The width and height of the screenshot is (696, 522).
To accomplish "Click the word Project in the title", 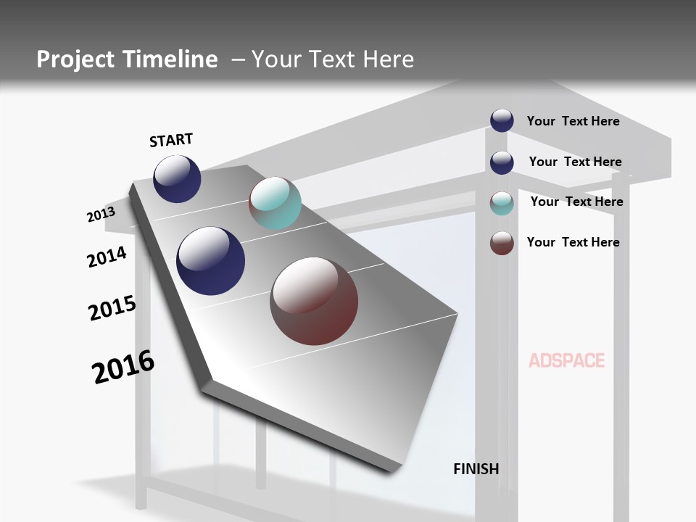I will (x=75, y=59).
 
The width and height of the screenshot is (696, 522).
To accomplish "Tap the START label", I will (x=171, y=140).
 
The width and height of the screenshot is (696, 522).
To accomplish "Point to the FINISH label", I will (x=476, y=469).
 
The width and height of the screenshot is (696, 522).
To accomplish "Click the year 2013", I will (x=101, y=215).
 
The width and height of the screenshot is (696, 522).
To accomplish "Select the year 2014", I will (x=107, y=257).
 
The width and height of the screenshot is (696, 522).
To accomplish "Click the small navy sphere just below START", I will (x=177, y=179).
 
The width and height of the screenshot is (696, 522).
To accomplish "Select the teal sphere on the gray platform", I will (x=275, y=203).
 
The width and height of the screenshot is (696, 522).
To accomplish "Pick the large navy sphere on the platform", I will (x=211, y=261).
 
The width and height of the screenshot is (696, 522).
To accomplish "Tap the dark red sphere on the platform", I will (x=314, y=301).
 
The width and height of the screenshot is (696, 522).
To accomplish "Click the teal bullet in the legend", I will (x=502, y=203).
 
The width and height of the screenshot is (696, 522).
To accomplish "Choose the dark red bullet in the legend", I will (x=502, y=243).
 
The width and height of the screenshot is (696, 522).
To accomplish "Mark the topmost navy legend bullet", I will (x=502, y=120).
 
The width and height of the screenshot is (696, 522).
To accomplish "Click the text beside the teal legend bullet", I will (x=576, y=202).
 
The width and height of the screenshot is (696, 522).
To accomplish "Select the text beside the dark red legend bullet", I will (x=573, y=242).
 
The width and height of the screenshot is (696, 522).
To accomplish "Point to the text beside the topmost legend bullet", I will (x=573, y=121).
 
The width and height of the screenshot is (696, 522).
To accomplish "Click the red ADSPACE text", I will (x=566, y=360).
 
